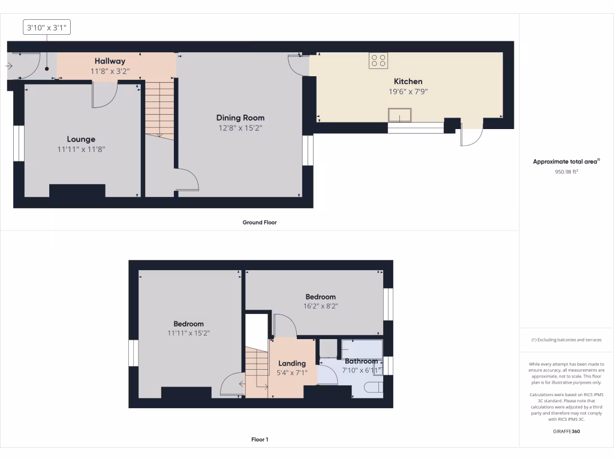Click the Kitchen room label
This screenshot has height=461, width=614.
point(408,82)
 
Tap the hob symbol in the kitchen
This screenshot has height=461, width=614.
point(379,60)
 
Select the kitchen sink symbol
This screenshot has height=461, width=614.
point(400,115)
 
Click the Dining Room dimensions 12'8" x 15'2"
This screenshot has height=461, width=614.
point(240,128)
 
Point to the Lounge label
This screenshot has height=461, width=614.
point(81,139)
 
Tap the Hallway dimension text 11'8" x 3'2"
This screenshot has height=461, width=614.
point(110,71)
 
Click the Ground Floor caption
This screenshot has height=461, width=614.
point(260,222)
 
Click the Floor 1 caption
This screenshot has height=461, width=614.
point(260,440)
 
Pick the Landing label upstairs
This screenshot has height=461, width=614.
point(292,363)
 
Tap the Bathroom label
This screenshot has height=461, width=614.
point(361,361)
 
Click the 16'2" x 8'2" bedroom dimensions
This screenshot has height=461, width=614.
point(320,306)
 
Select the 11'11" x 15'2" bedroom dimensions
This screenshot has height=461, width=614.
point(189,333)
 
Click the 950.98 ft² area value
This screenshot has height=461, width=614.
point(567,172)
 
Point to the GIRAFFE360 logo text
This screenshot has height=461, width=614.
point(567,431)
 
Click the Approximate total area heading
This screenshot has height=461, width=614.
point(566,161)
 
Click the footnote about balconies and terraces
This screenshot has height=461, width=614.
point(567,340)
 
